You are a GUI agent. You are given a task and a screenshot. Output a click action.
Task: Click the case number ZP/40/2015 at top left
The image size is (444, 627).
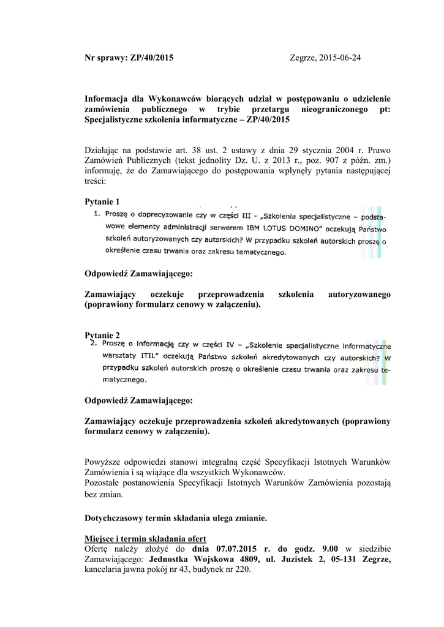(x=151, y=58)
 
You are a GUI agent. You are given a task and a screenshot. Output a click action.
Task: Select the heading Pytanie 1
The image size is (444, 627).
(x=102, y=201)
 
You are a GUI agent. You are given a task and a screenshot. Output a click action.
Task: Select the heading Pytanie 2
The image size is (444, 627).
(x=102, y=335)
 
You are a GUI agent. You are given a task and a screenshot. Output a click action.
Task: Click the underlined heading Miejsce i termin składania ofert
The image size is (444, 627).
(x=144, y=538)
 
